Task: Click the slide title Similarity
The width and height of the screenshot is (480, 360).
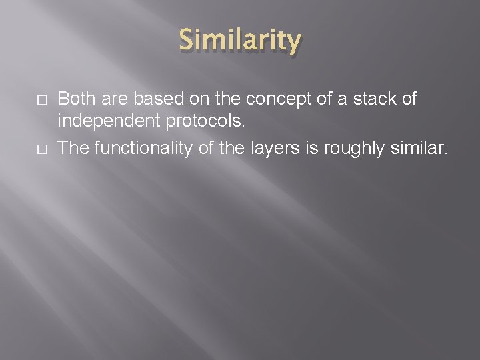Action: coord(240,41)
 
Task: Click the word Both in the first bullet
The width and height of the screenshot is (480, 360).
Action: coord(76,99)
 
